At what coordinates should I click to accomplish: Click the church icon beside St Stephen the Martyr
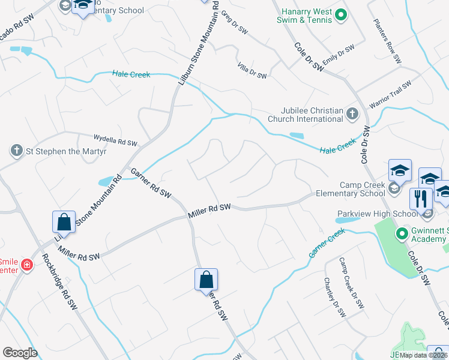tap(16, 151)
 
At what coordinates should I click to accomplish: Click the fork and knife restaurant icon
tap(421, 197)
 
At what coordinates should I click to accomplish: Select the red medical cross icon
tap(26, 265)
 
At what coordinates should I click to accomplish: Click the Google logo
tap(20, 353)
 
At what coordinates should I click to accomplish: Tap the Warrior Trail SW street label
tap(390, 94)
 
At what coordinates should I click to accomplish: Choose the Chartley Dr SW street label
tap(334, 296)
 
